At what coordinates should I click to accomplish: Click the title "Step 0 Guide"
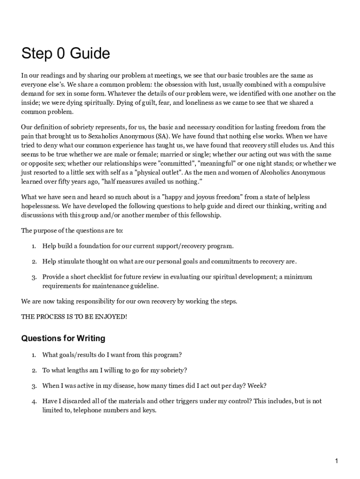[x=65, y=54]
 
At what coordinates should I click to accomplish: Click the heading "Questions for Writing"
[x=63, y=338]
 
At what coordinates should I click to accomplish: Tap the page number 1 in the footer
[x=336, y=461]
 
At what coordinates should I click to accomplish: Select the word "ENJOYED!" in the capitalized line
[x=111, y=317]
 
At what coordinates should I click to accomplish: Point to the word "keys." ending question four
[x=148, y=410]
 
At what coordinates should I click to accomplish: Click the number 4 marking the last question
[x=34, y=402]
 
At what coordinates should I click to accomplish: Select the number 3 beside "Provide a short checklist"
[x=34, y=277]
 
